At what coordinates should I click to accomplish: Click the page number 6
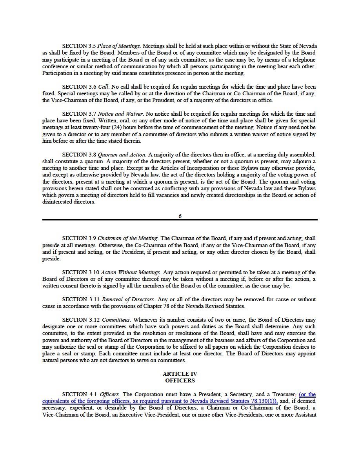tap(180, 216)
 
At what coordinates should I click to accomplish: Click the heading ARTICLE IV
tap(180, 374)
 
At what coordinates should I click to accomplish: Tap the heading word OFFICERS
tap(180, 380)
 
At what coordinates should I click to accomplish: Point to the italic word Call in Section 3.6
tap(103, 87)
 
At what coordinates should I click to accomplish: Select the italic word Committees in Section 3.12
tap(116, 320)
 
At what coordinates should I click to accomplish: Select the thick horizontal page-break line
tap(180, 220)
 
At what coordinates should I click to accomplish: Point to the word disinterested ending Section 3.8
tap(58, 202)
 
